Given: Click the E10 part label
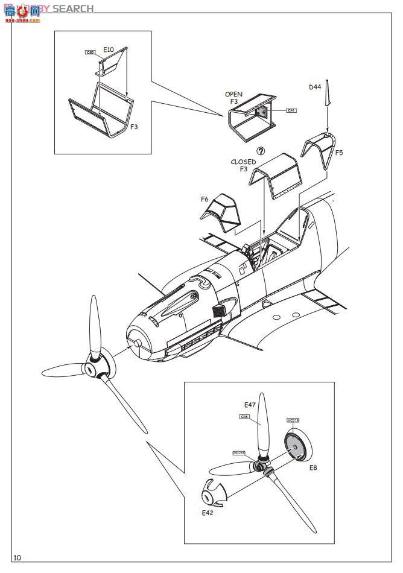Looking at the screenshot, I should click(x=109, y=49).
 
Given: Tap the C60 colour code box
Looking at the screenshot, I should click(x=90, y=53).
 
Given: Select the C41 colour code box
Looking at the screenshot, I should click(x=291, y=110).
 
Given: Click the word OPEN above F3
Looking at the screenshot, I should click(x=233, y=95).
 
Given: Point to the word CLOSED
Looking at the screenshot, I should click(x=243, y=162).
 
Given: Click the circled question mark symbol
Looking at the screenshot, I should click(x=261, y=151).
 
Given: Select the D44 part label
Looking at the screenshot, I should click(x=315, y=87).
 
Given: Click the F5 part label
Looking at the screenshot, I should click(x=338, y=153).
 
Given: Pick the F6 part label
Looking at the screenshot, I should click(x=205, y=198).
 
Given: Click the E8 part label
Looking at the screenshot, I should click(x=313, y=467).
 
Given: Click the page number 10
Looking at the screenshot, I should click(x=17, y=557).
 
